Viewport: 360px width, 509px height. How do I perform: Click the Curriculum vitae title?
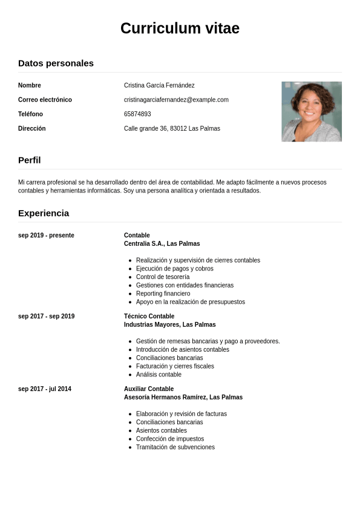[180, 28]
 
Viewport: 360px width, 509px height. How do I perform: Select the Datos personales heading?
[56, 63]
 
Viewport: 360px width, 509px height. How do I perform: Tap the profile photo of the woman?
[312, 111]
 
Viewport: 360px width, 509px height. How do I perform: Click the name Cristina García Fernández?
[159, 85]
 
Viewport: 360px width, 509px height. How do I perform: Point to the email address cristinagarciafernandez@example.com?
[176, 100]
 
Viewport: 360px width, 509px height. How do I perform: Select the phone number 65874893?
[137, 114]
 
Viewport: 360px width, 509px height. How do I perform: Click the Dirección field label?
[32, 128]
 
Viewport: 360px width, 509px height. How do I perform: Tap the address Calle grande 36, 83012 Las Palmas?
[172, 128]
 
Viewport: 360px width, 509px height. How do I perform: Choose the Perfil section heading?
[30, 160]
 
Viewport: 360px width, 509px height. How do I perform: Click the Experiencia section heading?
[44, 213]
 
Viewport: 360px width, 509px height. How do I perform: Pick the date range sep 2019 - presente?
[46, 235]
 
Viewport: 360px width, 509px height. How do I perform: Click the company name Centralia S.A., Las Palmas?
[162, 244]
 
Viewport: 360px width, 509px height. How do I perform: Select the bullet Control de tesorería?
[163, 277]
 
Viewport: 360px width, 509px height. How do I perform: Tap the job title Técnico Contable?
[149, 317]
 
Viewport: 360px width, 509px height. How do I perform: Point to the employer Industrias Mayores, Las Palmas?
[169, 325]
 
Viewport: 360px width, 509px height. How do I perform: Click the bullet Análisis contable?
[159, 375]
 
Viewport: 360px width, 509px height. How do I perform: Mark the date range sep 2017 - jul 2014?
[45, 389]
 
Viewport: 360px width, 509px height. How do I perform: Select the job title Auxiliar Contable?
[149, 389]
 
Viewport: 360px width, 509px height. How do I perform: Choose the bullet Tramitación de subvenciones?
[175, 447]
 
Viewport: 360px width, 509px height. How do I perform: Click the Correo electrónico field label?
[45, 100]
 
